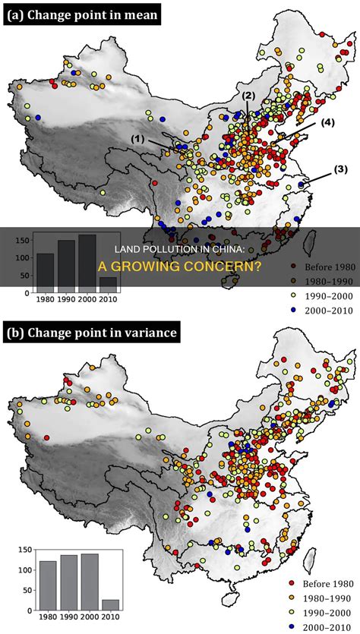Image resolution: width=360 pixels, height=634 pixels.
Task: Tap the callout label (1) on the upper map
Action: click(x=137, y=139)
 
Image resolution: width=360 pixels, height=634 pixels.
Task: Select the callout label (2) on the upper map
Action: click(x=249, y=96)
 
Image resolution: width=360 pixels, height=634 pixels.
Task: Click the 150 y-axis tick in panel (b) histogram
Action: click(x=25, y=550)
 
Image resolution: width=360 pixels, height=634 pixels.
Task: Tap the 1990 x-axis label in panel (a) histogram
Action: click(x=67, y=298)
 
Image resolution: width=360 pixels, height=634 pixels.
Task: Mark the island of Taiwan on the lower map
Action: click(x=311, y=560)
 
